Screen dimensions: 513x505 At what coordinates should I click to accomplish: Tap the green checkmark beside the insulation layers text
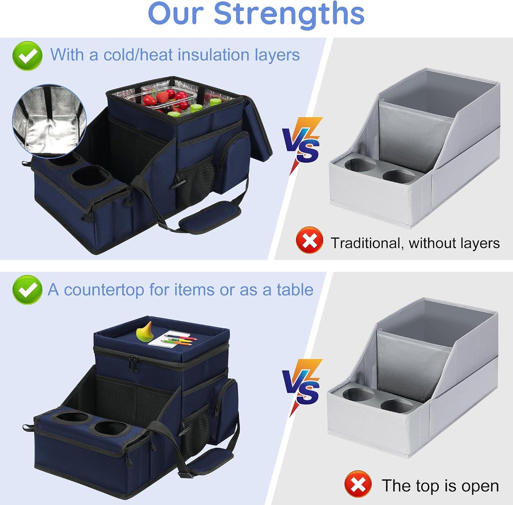tap(27, 56)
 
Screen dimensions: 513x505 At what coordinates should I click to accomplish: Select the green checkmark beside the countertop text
tap(27, 290)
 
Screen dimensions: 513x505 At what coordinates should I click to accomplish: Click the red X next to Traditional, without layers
tap(309, 240)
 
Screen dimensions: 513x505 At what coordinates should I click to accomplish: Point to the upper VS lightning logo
tap(302, 145)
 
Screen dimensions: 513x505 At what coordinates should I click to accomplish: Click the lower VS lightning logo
tap(302, 387)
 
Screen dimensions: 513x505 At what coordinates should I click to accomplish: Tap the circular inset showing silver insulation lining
tap(49, 119)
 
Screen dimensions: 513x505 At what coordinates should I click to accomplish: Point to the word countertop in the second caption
tap(104, 290)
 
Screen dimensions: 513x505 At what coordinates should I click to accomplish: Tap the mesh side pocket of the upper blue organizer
tap(196, 184)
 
